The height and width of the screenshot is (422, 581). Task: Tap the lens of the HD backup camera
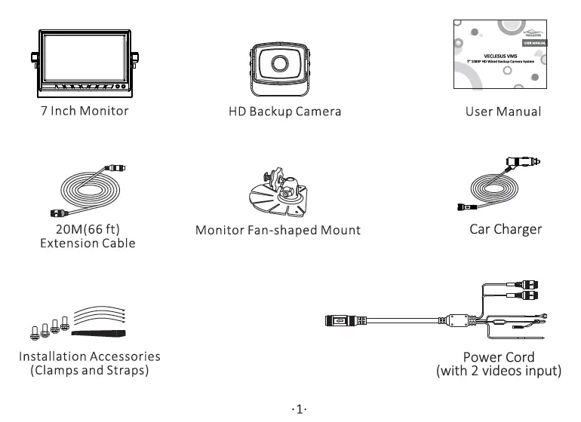tap(281, 64)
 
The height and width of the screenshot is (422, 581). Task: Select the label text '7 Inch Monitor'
tap(85, 111)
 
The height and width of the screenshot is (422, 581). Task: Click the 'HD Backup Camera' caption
tap(284, 112)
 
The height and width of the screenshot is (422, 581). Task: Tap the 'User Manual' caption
tap(503, 112)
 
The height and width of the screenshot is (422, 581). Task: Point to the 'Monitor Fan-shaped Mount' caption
tap(278, 230)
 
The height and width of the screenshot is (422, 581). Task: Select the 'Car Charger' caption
tap(506, 228)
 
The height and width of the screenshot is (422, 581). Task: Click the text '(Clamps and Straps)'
tap(89, 371)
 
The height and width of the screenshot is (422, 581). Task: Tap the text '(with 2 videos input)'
tap(499, 372)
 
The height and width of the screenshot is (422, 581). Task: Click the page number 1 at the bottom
tap(298, 409)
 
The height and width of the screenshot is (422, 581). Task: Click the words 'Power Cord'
tap(499, 357)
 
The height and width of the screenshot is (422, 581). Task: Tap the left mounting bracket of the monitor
tap(34, 58)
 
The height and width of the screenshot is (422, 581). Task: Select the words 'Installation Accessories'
tap(89, 356)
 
